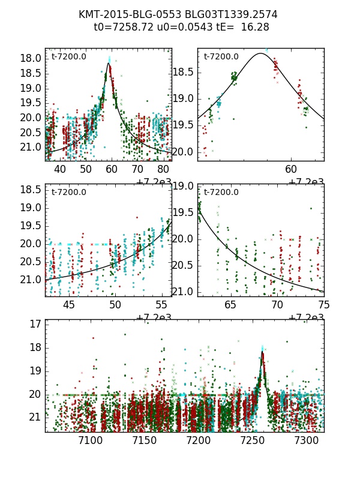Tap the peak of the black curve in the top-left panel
click(109, 63)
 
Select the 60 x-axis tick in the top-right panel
click(291, 170)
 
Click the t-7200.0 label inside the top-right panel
click(221, 57)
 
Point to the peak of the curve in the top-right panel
click(260, 53)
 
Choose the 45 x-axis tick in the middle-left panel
click(69, 305)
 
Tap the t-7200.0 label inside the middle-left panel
click(69, 193)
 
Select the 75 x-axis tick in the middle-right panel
click(324, 305)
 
